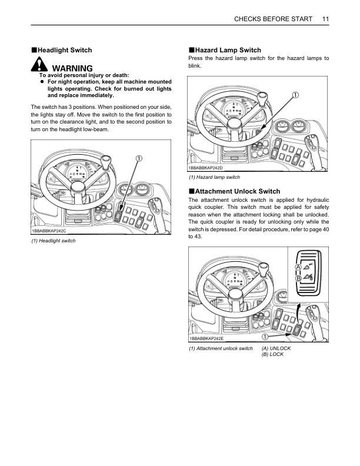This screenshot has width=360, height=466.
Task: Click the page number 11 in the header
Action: (325, 19)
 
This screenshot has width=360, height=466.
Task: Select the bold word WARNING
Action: (72, 69)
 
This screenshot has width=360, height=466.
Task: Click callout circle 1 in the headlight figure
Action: (139, 158)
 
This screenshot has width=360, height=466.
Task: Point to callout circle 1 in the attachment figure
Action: (265, 337)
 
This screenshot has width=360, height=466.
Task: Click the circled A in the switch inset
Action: (298, 267)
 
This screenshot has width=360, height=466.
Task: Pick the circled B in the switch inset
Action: (298, 278)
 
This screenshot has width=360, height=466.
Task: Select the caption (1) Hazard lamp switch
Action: (214, 178)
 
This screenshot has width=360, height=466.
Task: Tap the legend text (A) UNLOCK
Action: (276, 348)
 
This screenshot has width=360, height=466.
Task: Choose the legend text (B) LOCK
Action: (272, 354)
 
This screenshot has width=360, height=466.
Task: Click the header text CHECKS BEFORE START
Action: (273, 19)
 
